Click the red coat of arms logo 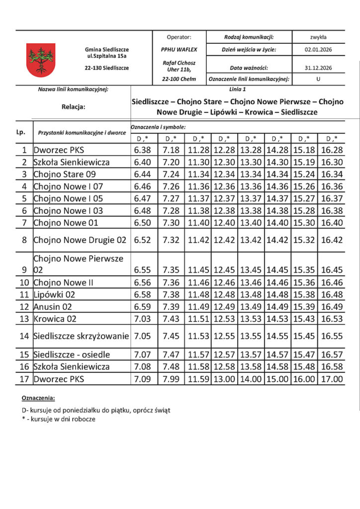click(41, 60)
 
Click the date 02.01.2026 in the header click(318, 50)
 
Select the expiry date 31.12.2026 click(318, 68)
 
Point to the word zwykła click(318, 37)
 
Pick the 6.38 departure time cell click(143, 150)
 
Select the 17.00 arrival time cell click(332, 379)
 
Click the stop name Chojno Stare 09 click(64, 174)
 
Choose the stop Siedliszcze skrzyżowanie click(81, 336)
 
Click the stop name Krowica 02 click(55, 319)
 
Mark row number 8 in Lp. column click(24, 240)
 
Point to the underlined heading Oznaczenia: click(39, 399)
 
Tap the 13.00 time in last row click(224, 379)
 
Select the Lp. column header click(20, 132)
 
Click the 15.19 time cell click(304, 162)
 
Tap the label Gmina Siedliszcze click(107, 50)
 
